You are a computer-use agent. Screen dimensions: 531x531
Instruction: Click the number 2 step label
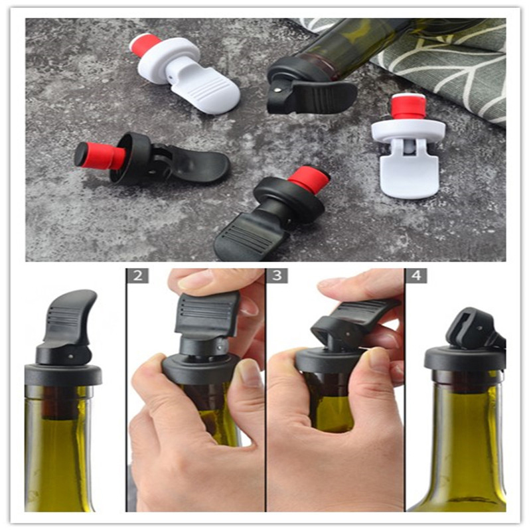pos(137,276)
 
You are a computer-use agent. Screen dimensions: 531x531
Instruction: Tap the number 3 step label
pos(277,276)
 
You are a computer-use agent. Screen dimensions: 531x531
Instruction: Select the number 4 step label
pos(416,276)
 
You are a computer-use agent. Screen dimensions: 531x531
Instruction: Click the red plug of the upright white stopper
pos(408,107)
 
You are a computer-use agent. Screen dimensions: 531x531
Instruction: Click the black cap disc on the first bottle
pos(63,375)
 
